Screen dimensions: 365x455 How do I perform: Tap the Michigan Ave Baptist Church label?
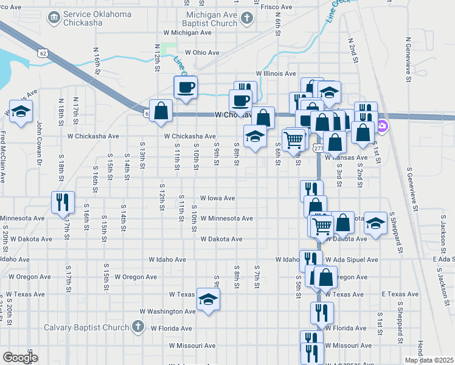203,19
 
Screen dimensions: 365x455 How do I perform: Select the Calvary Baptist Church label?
87,327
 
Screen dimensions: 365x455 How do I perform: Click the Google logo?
20,357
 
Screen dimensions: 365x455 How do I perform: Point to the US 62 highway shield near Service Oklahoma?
43,54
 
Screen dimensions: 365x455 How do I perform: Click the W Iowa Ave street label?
218,198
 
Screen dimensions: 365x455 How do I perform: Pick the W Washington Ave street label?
168,311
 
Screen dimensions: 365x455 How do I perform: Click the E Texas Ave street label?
400,294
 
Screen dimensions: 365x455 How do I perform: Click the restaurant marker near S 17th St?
63,203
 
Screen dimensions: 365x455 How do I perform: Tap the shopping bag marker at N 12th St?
161,111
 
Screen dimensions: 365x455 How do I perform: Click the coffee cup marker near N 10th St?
185,87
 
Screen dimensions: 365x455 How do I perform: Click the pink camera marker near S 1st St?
382,128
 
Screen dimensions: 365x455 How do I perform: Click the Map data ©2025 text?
429,360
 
